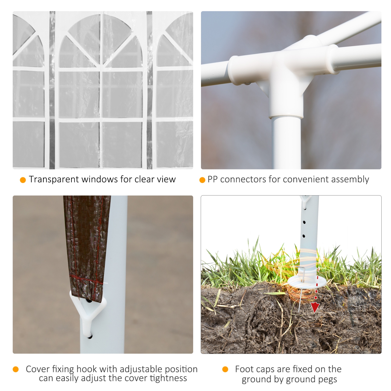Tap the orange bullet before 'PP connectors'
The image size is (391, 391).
pyautogui.click(x=202, y=180)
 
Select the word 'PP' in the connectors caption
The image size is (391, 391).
pyautogui.click(x=212, y=179)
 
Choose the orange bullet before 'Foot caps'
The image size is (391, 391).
pyautogui.click(x=225, y=369)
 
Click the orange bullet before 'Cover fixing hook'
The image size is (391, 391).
pyautogui.click(x=16, y=369)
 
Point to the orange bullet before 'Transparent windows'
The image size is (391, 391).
pyautogui.click(x=23, y=180)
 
